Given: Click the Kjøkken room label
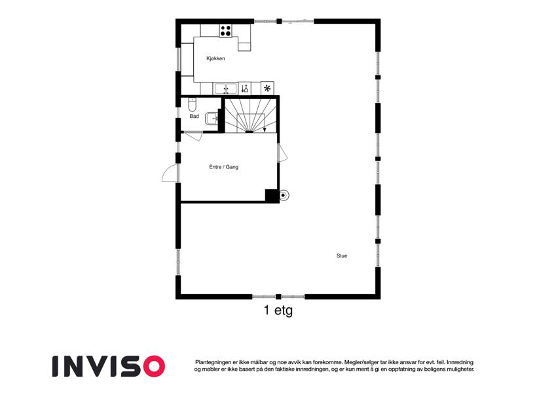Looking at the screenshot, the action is pos(215,58).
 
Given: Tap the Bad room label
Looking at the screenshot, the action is pos(194,116).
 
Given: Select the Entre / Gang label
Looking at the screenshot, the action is pos(224,167).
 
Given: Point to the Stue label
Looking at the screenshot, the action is pos(342,255).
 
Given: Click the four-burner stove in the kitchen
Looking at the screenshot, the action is pos(225,31).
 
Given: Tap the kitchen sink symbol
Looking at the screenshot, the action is pos(225,88).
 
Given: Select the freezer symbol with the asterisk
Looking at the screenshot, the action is pos(267,88).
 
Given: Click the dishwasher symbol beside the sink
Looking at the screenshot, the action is pos(245,88).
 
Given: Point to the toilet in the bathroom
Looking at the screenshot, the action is pos(192,105).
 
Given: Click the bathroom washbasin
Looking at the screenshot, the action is pos(212,118).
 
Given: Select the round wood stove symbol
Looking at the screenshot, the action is pos(284,195).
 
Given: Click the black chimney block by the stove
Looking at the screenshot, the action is pos(272,196).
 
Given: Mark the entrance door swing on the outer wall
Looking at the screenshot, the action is pos(170,174).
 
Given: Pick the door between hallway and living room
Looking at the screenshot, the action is pos(283,153).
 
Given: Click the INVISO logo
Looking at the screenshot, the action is pos(109,366).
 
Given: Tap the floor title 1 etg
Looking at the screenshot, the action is pos(278,310).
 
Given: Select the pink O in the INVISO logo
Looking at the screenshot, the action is pos(153,366).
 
